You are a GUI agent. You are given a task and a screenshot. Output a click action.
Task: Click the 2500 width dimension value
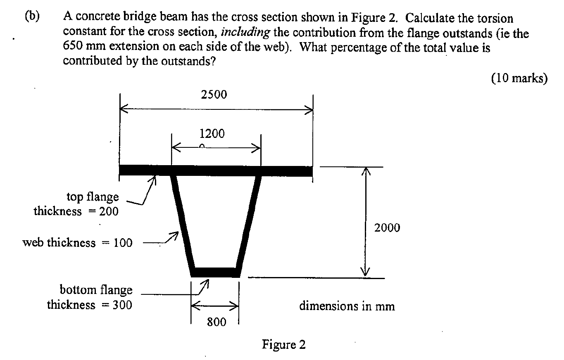click(x=214, y=95)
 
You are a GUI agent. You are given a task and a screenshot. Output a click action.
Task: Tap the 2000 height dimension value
click(x=387, y=227)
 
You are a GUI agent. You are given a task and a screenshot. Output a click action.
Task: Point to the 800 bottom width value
click(x=216, y=322)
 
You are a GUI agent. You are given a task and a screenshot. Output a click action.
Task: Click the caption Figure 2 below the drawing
click(x=283, y=345)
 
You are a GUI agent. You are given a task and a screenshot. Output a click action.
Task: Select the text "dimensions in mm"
click(x=347, y=306)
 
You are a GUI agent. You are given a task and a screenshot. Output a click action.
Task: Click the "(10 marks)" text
click(x=519, y=78)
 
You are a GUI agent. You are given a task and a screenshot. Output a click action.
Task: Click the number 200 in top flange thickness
click(x=109, y=212)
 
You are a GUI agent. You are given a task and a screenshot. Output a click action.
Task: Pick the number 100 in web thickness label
click(x=123, y=243)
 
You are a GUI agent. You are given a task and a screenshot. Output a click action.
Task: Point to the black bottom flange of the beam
click(x=215, y=272)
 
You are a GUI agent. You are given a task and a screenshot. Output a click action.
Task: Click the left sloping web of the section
click(x=182, y=223)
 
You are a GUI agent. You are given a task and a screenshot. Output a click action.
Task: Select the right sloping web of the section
click(x=249, y=223)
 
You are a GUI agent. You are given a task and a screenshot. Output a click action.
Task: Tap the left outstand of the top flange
click(x=145, y=171)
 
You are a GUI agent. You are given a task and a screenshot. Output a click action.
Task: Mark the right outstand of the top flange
click(x=286, y=171)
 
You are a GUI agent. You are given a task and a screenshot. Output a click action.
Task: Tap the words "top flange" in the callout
click(x=93, y=197)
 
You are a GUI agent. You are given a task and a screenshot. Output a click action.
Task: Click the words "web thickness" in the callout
click(x=59, y=243)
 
